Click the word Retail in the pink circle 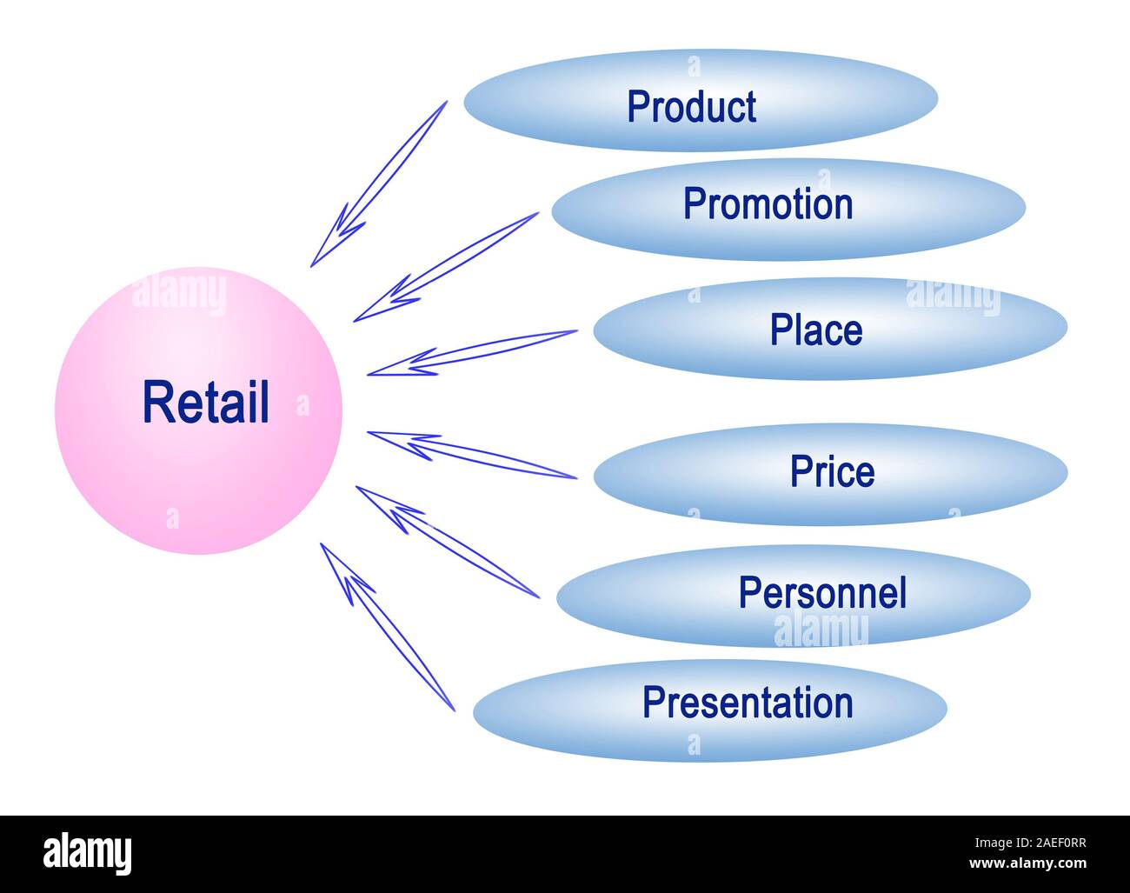(x=206, y=403)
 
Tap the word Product (x=691, y=107)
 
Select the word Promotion (x=768, y=203)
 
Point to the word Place (x=816, y=330)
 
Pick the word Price (x=832, y=471)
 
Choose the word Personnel (x=822, y=593)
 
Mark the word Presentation (x=748, y=703)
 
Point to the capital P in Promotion (x=693, y=203)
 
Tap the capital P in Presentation (x=653, y=703)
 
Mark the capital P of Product (x=637, y=107)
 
